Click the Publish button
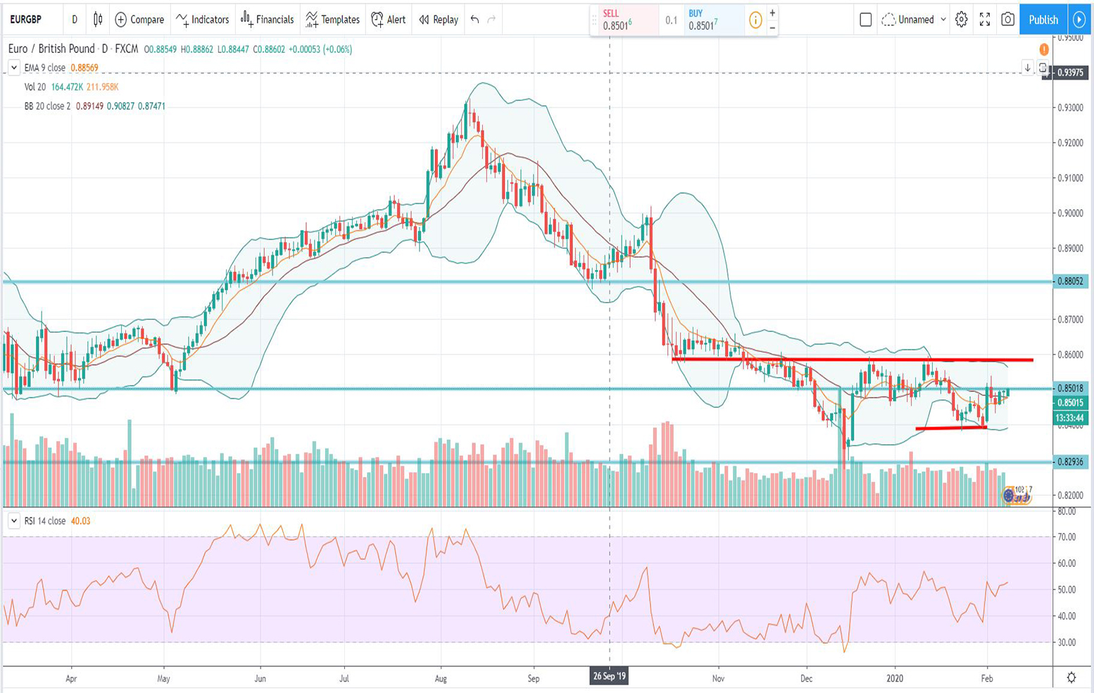coord(1043,20)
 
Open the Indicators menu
coord(203,20)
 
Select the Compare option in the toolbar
coord(139,20)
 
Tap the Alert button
coord(389,20)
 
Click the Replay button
coord(438,20)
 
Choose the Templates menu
coord(332,20)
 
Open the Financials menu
coord(267,20)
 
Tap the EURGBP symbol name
coord(26,20)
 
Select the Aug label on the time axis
coord(441,679)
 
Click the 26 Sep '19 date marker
coord(609,677)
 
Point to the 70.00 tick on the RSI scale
coord(1067,537)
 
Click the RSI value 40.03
coord(80,521)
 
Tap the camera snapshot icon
coord(1007,20)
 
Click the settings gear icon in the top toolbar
coord(961,20)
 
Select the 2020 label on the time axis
coord(895,679)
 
